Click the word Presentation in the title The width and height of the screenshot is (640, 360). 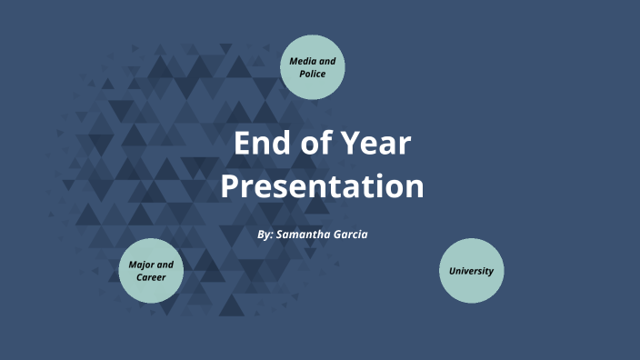[322, 186]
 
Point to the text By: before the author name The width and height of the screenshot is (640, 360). [265, 235]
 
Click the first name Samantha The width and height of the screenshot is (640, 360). [308, 235]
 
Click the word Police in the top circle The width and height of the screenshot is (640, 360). [313, 73]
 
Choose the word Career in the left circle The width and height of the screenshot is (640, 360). [151, 276]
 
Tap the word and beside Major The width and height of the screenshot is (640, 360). [165, 265]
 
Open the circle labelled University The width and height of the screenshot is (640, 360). [471, 270]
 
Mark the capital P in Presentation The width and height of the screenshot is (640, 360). [230, 186]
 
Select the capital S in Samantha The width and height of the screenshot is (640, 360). [280, 235]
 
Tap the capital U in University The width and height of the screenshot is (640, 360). [452, 271]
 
